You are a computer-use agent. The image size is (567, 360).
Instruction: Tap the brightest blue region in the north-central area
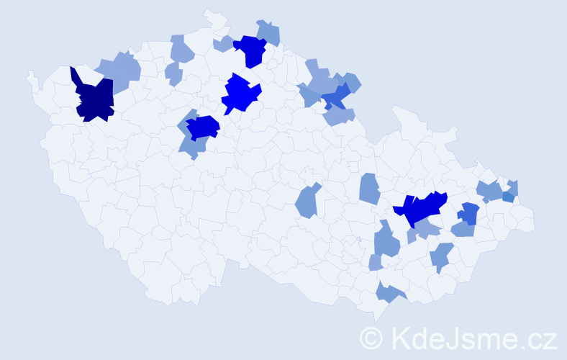(240, 94)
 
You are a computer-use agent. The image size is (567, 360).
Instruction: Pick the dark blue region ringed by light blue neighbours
(203, 127)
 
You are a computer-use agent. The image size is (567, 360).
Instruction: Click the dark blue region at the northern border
(252, 51)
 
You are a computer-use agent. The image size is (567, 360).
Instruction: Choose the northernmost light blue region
(269, 32)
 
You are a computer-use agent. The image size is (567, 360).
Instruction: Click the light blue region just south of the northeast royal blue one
(339, 115)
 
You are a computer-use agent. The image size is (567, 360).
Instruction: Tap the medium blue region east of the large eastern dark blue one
(469, 213)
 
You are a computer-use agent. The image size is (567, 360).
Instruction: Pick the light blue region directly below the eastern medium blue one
(463, 230)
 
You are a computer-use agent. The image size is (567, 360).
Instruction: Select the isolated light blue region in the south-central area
(309, 202)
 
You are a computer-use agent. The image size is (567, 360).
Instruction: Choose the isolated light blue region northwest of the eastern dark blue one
(369, 189)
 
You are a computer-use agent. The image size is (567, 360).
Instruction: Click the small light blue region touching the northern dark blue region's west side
(224, 45)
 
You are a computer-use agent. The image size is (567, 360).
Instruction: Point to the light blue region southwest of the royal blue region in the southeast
(441, 256)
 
